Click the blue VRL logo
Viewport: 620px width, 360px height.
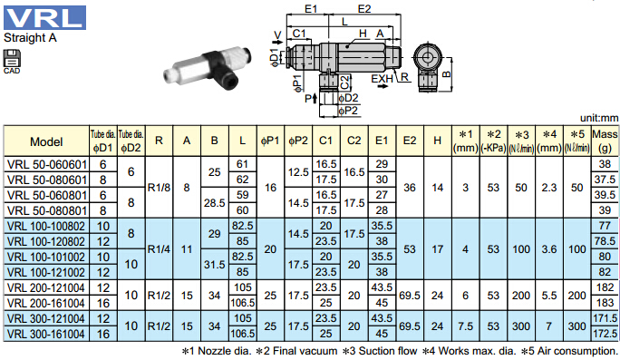click(x=44, y=17)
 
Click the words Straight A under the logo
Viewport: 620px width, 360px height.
click(x=30, y=38)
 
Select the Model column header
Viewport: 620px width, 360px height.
click(x=46, y=141)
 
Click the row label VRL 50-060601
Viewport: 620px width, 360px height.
click(x=46, y=164)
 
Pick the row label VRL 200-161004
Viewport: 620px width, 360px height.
click(x=46, y=304)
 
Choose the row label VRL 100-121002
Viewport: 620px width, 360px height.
click(x=46, y=273)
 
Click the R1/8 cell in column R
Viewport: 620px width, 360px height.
click(x=159, y=188)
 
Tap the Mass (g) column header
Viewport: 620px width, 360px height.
click(x=605, y=141)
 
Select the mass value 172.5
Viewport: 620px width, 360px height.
click(x=605, y=334)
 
